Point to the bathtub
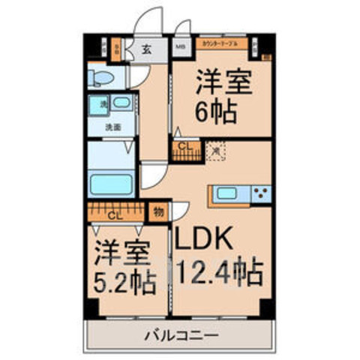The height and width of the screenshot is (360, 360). [110, 183]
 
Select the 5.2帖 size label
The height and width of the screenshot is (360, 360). [124, 283]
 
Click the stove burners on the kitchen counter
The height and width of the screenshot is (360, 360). [261, 194]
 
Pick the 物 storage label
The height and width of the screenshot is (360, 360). [159, 212]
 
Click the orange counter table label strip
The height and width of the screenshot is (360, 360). [220, 45]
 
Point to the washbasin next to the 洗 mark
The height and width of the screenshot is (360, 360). [121, 103]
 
